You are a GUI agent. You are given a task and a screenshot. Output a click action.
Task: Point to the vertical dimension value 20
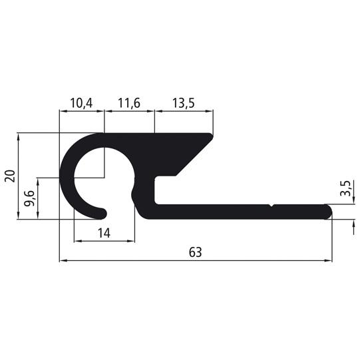pos(9,176)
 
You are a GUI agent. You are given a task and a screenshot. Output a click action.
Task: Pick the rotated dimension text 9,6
pos(29,199)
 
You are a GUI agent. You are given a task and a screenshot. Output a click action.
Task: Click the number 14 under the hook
pos(103,232)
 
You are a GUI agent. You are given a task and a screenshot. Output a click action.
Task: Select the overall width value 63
pos(195,252)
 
